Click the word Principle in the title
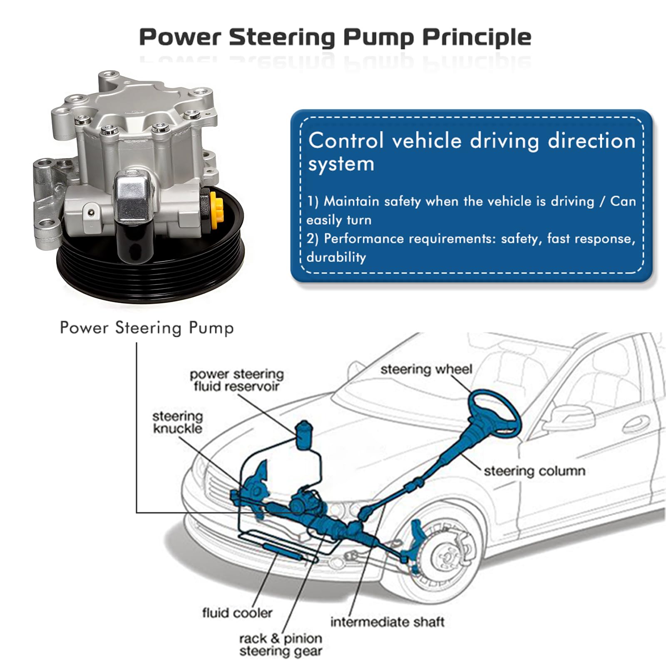[x=477, y=37]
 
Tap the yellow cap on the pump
[x=217, y=210]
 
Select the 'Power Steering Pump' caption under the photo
[x=147, y=328]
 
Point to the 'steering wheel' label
[x=426, y=369]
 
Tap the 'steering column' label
[x=534, y=471]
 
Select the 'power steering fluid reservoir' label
[x=236, y=380]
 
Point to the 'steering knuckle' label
[x=178, y=422]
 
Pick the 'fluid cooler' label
[x=237, y=613]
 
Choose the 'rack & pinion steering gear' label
[x=281, y=644]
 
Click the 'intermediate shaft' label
[x=387, y=622]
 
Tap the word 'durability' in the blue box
[x=336, y=257]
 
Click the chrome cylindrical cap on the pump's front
[x=134, y=198]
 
